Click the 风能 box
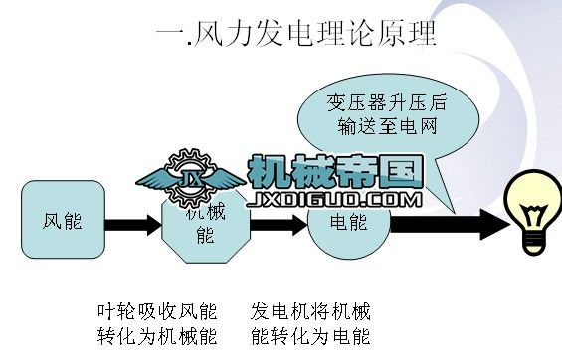tap(63, 218)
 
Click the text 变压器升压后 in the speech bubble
tap(380, 103)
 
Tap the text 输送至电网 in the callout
tap(381, 127)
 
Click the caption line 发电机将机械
tap(310, 309)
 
